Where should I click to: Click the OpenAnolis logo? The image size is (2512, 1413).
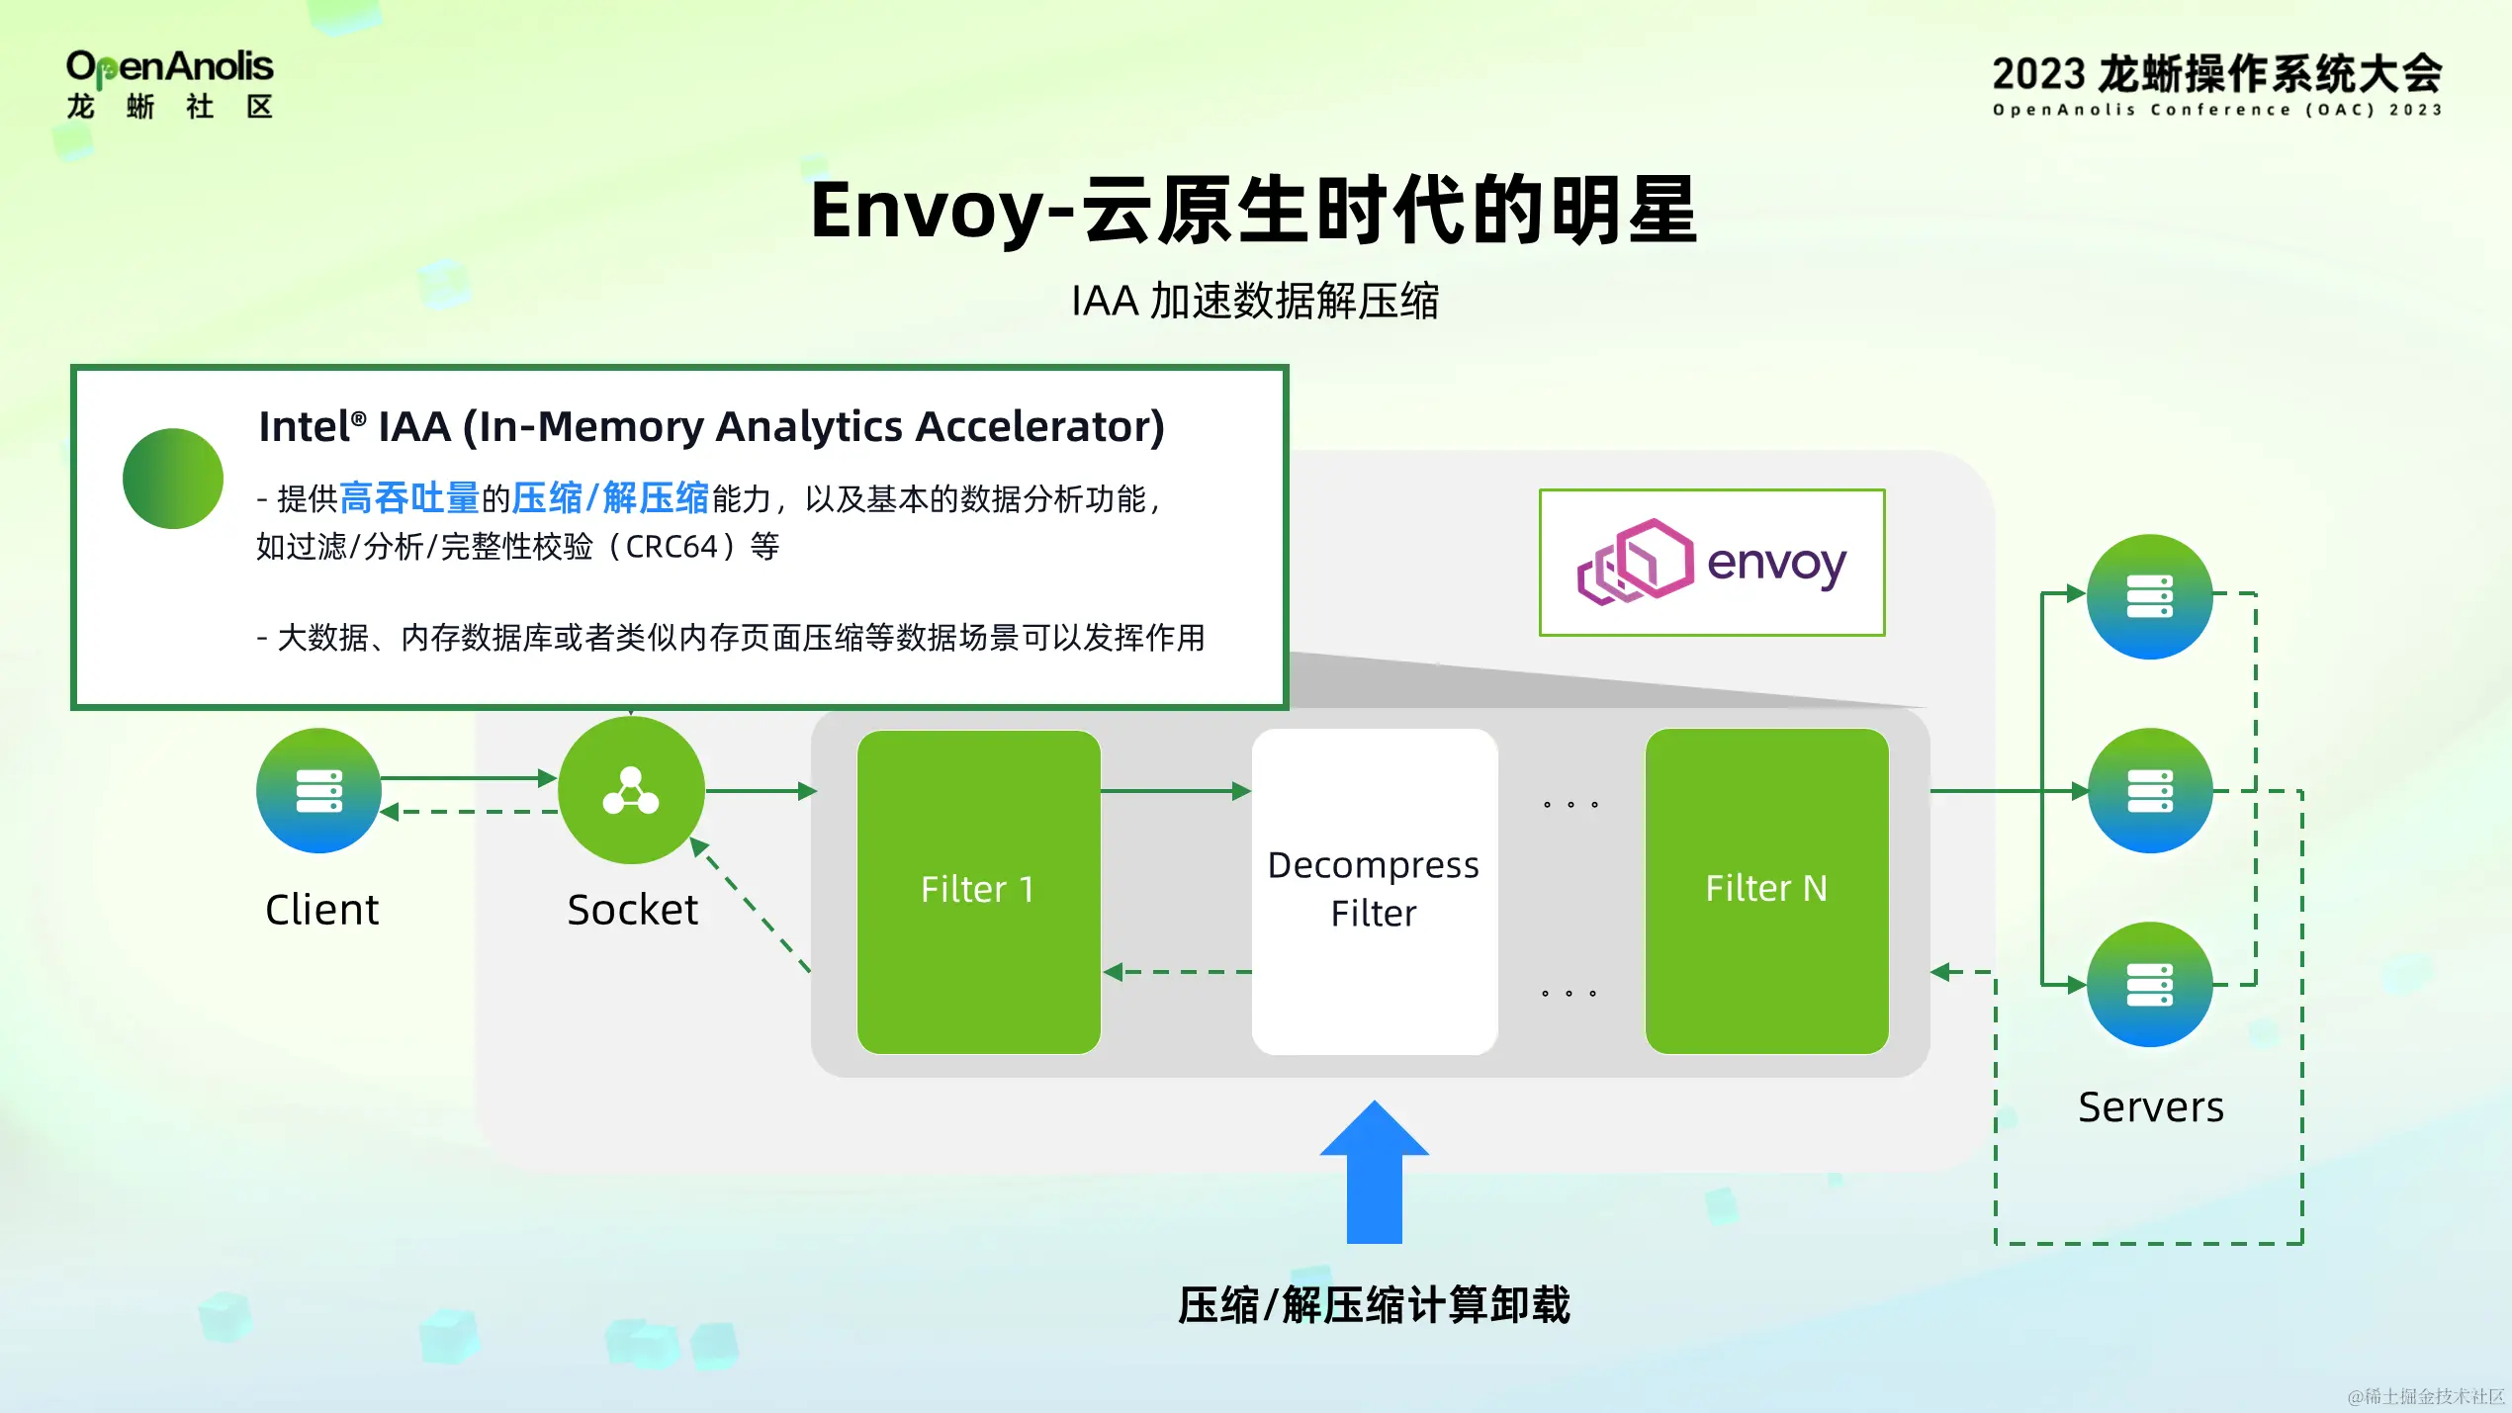pos(169,84)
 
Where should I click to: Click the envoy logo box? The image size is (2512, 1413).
pos(1711,562)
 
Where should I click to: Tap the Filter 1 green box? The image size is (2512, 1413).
pos(978,891)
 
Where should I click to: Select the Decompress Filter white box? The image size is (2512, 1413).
pos(1374,891)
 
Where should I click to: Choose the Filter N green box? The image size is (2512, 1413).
pos(1766,891)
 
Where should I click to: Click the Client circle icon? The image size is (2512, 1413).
pos(318,790)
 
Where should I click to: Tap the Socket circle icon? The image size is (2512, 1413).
pos(631,790)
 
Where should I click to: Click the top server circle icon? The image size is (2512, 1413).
pos(2149,596)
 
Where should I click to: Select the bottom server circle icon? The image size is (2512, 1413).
pos(2149,984)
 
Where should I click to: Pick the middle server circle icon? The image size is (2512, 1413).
pos(2149,790)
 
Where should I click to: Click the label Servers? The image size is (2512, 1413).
pos(2150,1107)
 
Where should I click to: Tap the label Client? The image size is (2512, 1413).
pos(321,910)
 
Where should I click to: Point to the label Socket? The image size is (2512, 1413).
pos(632,910)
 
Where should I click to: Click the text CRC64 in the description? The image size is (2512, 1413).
pos(672,547)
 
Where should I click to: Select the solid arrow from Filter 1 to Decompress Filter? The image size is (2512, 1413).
pos(1175,790)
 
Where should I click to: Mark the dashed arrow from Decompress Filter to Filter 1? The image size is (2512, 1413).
pos(1177,972)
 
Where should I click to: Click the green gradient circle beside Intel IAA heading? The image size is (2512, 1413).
pos(173,479)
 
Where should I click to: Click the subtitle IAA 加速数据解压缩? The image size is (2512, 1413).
pos(1254,301)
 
